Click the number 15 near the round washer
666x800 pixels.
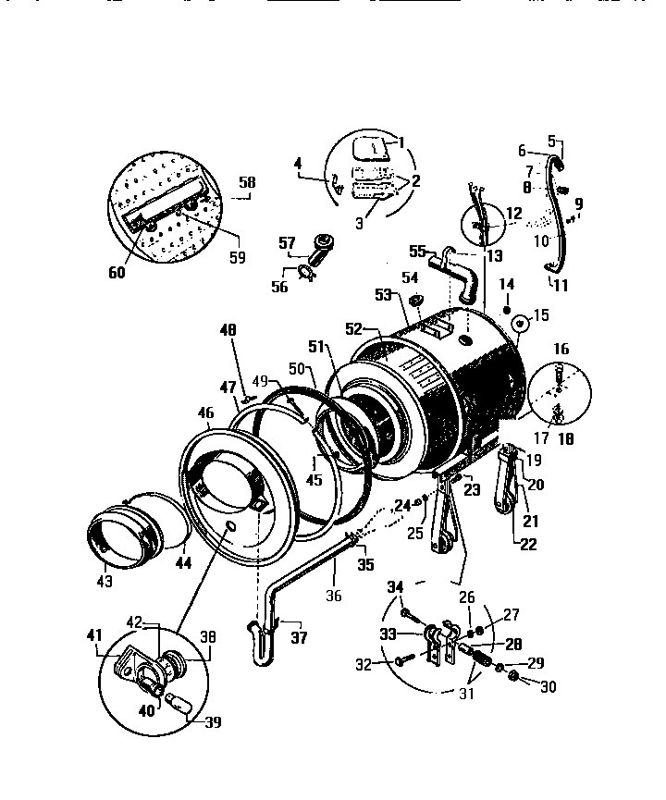coord(541,315)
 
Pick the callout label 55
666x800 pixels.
coord(417,251)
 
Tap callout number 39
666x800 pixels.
coord(213,722)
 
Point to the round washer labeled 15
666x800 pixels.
coord(519,324)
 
